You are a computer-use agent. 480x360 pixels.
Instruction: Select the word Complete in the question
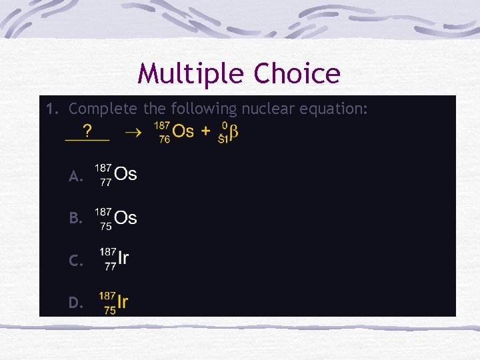(x=102, y=108)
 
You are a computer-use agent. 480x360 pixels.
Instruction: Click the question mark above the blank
(x=87, y=129)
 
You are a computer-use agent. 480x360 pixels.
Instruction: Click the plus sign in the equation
(x=206, y=131)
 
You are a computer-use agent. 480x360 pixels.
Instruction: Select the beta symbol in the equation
(x=234, y=131)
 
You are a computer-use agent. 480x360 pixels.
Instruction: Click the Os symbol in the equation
(x=183, y=131)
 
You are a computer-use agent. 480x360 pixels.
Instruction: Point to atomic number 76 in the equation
(x=164, y=139)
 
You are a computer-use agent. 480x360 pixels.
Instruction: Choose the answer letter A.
(x=75, y=177)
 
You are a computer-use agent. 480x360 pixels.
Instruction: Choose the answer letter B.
(x=75, y=218)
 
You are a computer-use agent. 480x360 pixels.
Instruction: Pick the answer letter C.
(x=75, y=261)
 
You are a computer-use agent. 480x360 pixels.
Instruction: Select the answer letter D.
(x=75, y=303)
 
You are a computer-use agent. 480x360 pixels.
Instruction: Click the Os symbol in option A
(x=125, y=175)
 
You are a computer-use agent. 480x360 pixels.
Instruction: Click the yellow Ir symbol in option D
(x=122, y=302)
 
